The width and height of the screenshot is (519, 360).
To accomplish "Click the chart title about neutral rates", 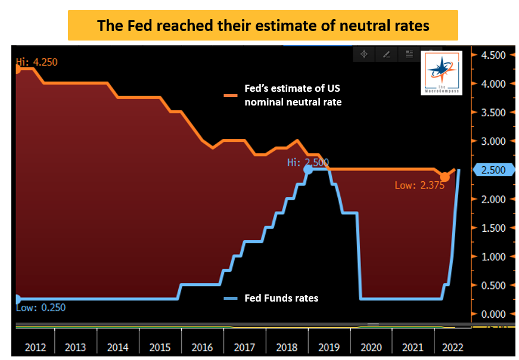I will coord(263,26).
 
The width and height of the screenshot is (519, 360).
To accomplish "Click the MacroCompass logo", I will coord(441,73).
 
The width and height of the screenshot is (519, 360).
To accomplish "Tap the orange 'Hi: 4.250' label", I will coord(37,62).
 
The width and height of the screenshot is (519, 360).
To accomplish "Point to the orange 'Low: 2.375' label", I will coord(419,185).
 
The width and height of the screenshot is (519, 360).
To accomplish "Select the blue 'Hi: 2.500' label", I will coord(307,162).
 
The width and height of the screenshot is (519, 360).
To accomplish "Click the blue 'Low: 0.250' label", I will coord(41,308).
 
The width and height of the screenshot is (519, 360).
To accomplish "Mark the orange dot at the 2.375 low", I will coord(445,177).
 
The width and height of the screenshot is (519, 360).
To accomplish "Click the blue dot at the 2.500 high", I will coord(308,170).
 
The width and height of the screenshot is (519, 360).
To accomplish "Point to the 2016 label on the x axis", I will coord(203,347).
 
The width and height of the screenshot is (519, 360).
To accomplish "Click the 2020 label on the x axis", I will coord(372,347).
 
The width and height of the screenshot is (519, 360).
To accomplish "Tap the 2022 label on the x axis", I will coord(450,347).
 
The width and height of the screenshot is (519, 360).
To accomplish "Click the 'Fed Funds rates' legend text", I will coord(281,298).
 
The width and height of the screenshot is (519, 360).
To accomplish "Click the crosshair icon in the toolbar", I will coord(363,54).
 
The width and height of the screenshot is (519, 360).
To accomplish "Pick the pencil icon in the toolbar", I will coord(386,54).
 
